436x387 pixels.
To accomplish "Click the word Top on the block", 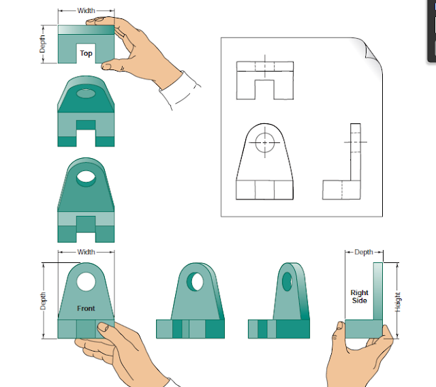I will coord(86,53).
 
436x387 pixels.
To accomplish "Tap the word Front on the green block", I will coord(86,309).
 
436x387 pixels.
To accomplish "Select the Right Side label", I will coord(359,296).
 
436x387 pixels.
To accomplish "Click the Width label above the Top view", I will coord(86,11).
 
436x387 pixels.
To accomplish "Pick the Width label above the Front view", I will coord(86,252).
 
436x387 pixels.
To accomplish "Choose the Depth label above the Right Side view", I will coord(364,252).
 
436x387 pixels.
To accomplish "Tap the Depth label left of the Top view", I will coord(43,44).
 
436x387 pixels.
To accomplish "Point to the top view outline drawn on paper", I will coord(265,80).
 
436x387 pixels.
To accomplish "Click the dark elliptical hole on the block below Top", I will coord(87,93).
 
